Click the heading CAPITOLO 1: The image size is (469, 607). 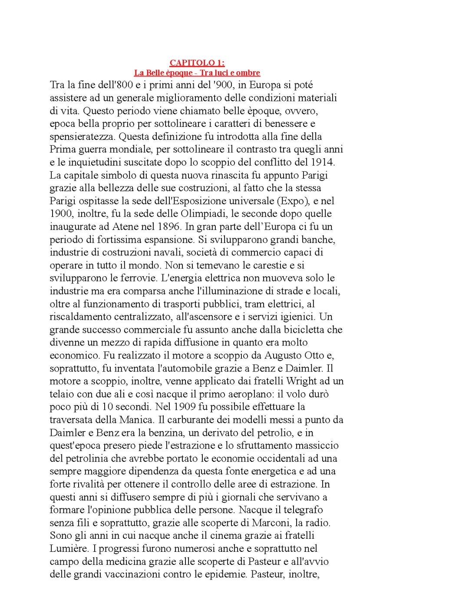pos(197,63)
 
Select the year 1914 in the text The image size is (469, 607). pos(323,163)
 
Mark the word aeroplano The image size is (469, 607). pos(241,394)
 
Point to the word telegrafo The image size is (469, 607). pos(302,510)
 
